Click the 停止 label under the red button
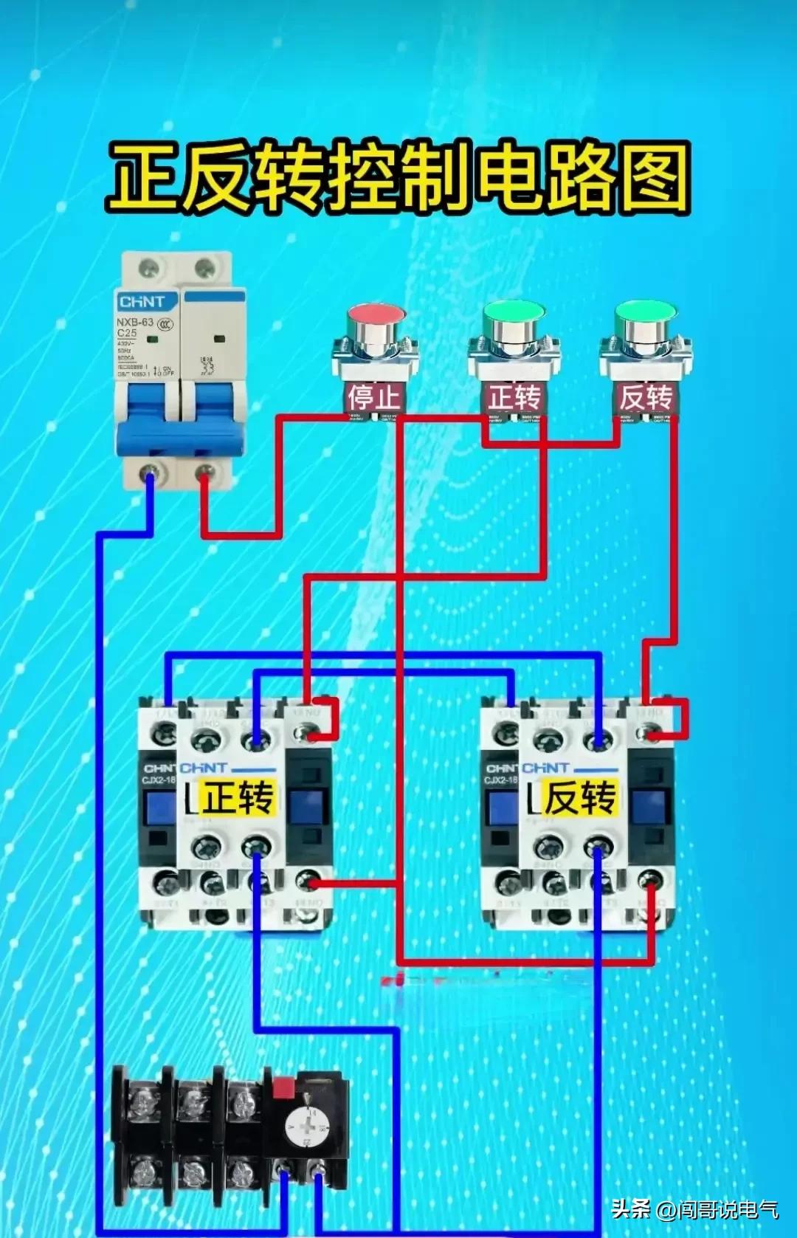pyautogui.click(x=374, y=397)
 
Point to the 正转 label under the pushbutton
pyautogui.click(x=514, y=397)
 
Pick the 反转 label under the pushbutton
pyautogui.click(x=646, y=397)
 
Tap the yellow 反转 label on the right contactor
pyautogui.click(x=580, y=797)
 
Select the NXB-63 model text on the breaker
pyautogui.click(x=135, y=322)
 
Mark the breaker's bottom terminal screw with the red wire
pyautogui.click(x=206, y=472)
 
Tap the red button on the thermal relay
pyautogui.click(x=283, y=1087)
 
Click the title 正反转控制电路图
pyautogui.click(x=398, y=176)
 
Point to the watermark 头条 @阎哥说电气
pyautogui.click(x=694, y=1208)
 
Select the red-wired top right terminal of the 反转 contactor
pyautogui.click(x=649, y=733)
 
